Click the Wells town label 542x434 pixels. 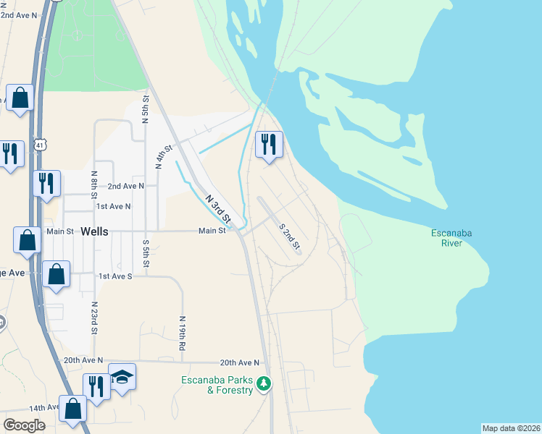tap(95, 231)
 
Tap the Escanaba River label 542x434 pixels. tap(451, 238)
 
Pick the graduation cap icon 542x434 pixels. tap(122, 377)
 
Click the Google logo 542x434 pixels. tap(24, 425)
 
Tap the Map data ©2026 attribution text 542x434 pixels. tap(511, 428)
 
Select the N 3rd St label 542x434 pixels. tap(217, 208)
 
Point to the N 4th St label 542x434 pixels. tap(164, 157)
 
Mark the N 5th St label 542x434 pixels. tap(146, 109)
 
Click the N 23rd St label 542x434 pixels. tap(94, 318)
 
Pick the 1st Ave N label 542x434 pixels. tap(114, 206)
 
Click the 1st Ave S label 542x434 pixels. tap(115, 276)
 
